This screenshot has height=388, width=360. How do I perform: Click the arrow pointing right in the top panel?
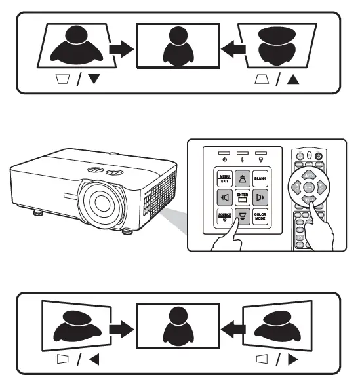click(x=120, y=48)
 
